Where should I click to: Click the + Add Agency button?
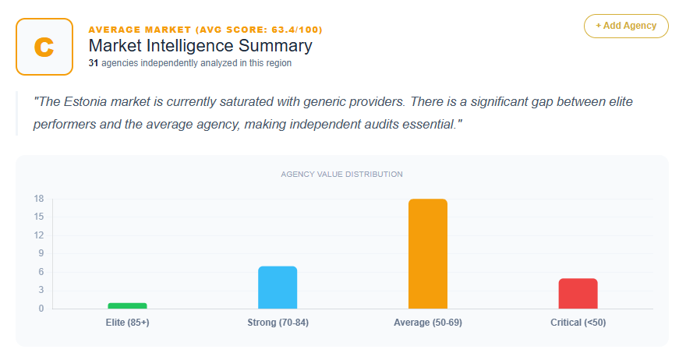pyautogui.click(x=626, y=26)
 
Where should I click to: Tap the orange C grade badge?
pyautogui.click(x=44, y=47)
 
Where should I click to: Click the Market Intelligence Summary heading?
pyautogui.click(x=200, y=46)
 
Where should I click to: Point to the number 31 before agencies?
pyautogui.click(x=93, y=63)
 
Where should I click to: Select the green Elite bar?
pyautogui.click(x=127, y=305)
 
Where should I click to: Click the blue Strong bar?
pyautogui.click(x=278, y=288)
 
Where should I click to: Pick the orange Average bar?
pyautogui.click(x=428, y=254)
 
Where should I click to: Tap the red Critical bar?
pyautogui.click(x=578, y=294)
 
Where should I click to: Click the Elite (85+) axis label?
pyautogui.click(x=127, y=323)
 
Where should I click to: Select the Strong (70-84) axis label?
pyautogui.click(x=278, y=323)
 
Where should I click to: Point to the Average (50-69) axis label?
pyautogui.click(x=428, y=323)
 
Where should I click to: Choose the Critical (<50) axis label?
pyautogui.click(x=578, y=323)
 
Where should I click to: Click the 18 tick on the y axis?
pyautogui.click(x=38, y=199)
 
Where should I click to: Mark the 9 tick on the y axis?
pyautogui.click(x=41, y=253)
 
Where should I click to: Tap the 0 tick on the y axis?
pyautogui.click(x=41, y=309)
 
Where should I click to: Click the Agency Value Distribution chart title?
pyautogui.click(x=341, y=174)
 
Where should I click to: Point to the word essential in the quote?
pyautogui.click(x=428, y=125)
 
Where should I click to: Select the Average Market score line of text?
pyautogui.click(x=206, y=30)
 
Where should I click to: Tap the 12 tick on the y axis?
pyautogui.click(x=38, y=235)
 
